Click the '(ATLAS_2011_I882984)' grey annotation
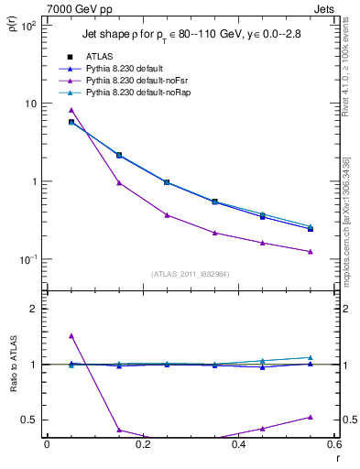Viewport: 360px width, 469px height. (190, 274)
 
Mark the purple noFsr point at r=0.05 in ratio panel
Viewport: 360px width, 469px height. (71, 336)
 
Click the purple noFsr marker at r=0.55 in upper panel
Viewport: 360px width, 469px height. (311, 252)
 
